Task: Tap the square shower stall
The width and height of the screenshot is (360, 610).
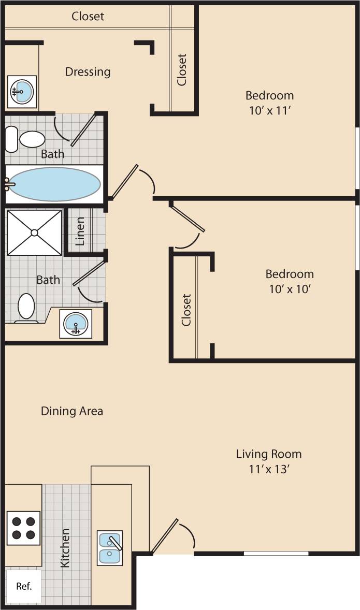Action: click(x=34, y=232)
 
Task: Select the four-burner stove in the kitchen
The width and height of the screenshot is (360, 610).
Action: click(x=23, y=528)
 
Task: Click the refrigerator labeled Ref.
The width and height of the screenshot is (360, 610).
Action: click(x=23, y=586)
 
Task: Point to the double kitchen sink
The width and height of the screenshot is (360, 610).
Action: click(x=110, y=548)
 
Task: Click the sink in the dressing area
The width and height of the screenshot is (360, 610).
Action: click(x=22, y=92)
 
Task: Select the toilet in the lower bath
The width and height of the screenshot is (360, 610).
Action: click(x=26, y=307)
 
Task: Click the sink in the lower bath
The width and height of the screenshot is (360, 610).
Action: click(x=76, y=324)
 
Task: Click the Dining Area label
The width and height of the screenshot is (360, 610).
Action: click(x=72, y=411)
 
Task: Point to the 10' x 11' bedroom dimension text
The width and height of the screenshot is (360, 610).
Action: click(x=269, y=110)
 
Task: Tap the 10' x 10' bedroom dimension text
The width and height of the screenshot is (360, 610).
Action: click(x=290, y=289)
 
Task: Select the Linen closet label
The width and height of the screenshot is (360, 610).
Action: click(x=80, y=231)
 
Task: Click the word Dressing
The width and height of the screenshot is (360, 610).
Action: click(x=88, y=71)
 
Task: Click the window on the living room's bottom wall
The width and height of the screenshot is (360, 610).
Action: click(x=276, y=553)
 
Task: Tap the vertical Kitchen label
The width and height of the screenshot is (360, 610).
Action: click(x=65, y=548)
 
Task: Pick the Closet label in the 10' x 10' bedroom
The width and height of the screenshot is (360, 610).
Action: click(x=186, y=310)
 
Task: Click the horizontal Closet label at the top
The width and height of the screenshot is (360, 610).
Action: click(x=88, y=16)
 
